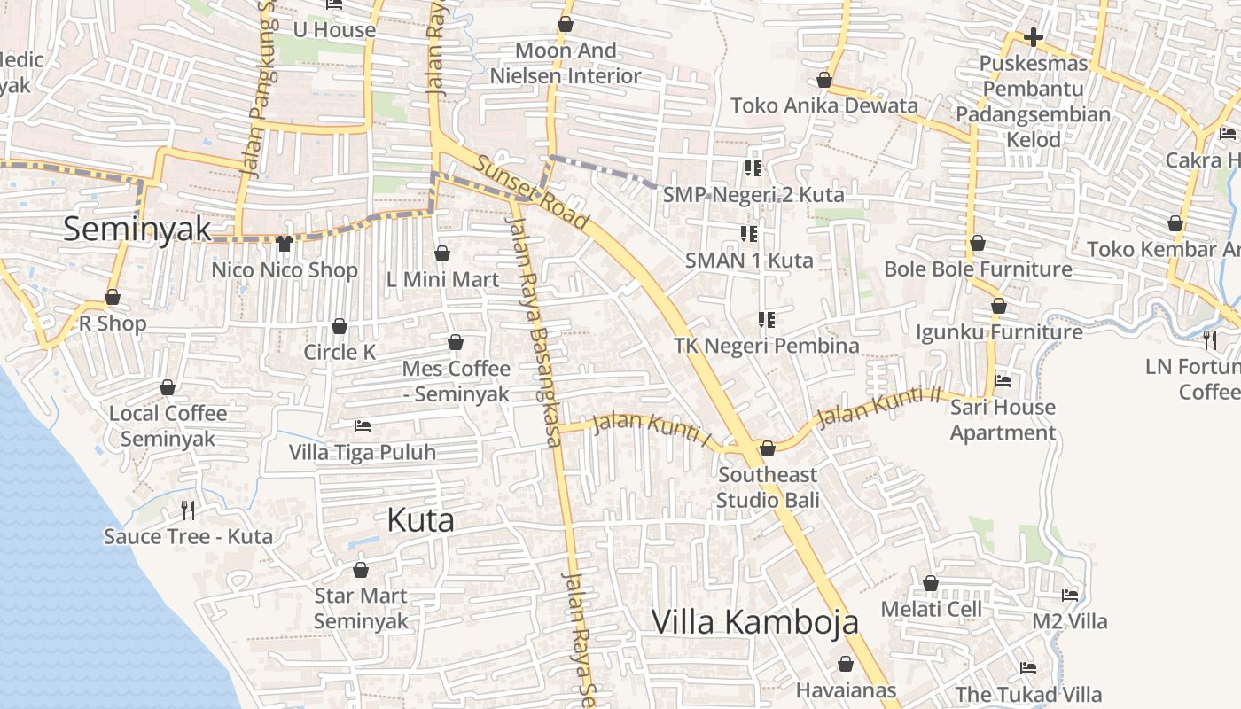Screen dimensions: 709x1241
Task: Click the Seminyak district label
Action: [x=137, y=229]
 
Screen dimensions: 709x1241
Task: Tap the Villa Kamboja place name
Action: [x=754, y=622]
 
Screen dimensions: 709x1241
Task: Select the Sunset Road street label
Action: [x=532, y=191]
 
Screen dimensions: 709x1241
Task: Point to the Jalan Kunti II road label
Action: [x=878, y=405]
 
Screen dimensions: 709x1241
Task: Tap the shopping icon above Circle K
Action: [x=340, y=327]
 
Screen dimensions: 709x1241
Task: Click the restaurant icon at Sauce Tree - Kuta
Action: [x=187, y=510]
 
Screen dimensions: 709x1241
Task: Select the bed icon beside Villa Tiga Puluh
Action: [x=362, y=426]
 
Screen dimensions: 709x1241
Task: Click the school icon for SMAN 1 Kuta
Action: [x=749, y=234]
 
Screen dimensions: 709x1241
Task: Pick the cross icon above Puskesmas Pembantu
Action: [x=1033, y=37]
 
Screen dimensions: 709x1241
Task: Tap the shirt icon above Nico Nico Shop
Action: [x=285, y=243]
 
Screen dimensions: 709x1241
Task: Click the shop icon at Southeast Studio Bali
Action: [x=768, y=448]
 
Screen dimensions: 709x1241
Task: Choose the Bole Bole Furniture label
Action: [x=978, y=269]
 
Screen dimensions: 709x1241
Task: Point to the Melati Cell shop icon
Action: [x=931, y=583]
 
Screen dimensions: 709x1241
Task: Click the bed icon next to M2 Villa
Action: [x=1070, y=596]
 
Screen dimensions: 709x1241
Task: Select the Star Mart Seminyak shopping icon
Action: [x=361, y=570]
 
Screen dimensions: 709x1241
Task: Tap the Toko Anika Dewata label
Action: [x=823, y=105]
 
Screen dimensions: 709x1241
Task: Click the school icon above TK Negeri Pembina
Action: [x=767, y=319]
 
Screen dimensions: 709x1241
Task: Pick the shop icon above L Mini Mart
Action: [x=442, y=253]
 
